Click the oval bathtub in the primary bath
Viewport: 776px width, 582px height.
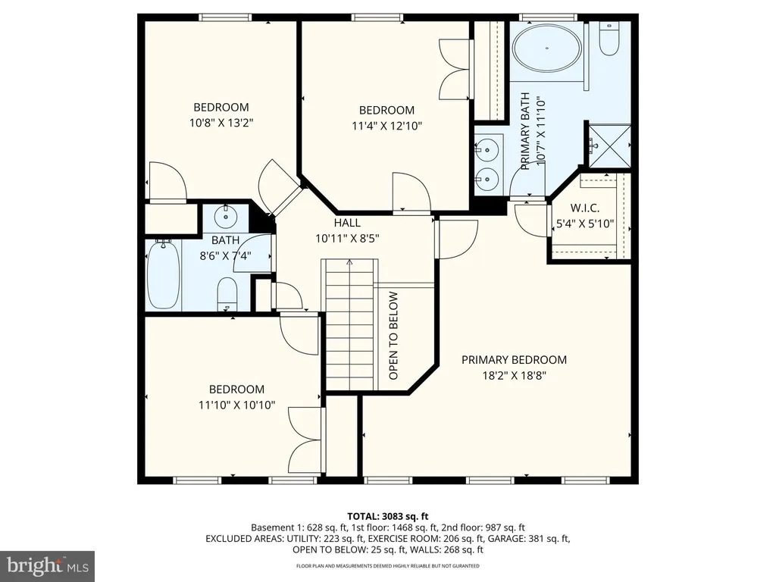(x=547, y=48)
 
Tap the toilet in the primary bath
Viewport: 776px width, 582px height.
(x=609, y=39)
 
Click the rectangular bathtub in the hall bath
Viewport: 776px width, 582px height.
(x=164, y=274)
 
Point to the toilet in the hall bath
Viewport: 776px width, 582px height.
(x=227, y=294)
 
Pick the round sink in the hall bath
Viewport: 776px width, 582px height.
(x=226, y=216)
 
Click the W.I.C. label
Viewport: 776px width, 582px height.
(x=585, y=208)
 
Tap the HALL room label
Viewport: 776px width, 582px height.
(x=347, y=223)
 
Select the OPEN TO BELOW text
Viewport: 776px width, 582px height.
(x=393, y=336)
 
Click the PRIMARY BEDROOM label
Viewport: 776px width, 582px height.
(x=515, y=360)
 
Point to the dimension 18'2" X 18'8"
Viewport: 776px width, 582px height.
(x=515, y=376)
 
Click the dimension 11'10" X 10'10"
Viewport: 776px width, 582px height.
(x=236, y=405)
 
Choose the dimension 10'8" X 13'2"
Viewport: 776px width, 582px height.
(x=221, y=123)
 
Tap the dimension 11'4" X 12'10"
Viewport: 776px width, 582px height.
(x=386, y=126)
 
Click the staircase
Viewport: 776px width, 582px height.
(x=350, y=324)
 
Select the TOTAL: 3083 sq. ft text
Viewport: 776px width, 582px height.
(x=387, y=517)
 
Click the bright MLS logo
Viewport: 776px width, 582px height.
(x=48, y=566)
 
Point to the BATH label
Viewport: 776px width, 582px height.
(x=226, y=240)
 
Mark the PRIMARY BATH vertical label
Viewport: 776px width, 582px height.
(x=525, y=131)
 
